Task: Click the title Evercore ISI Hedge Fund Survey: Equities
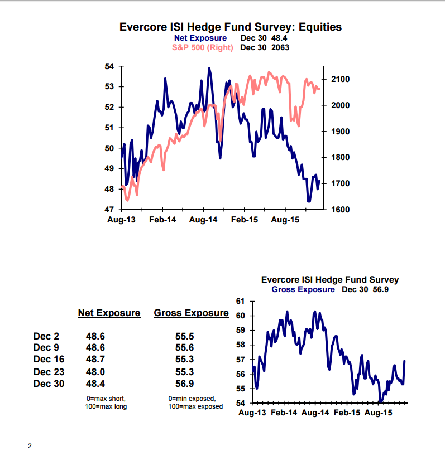click(231, 27)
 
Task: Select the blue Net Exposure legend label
click(200, 38)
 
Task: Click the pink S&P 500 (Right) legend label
click(202, 47)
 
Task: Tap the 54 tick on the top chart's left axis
click(109, 66)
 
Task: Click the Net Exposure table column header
click(109, 313)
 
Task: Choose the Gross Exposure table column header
click(191, 313)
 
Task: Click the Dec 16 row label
click(49, 360)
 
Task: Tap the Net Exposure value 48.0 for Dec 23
click(95, 372)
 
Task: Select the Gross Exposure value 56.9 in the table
click(185, 384)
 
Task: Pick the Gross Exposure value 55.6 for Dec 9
click(185, 348)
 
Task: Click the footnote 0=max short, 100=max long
click(106, 402)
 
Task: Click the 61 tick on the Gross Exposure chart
click(241, 302)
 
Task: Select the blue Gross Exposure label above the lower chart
click(303, 289)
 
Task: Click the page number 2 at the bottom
click(30, 445)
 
